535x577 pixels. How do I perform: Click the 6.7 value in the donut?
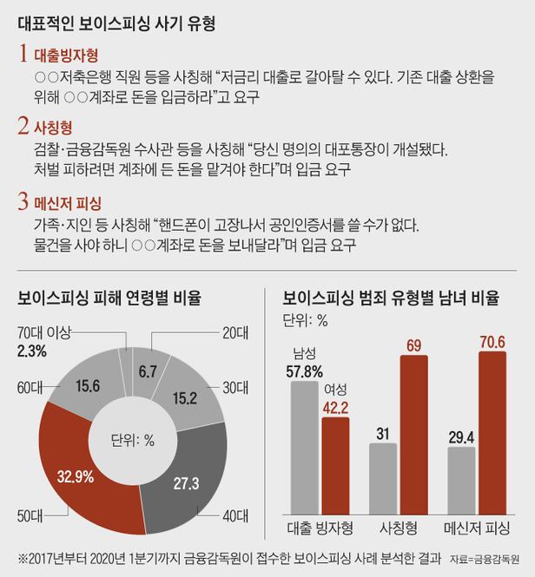pyautogui.click(x=148, y=371)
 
